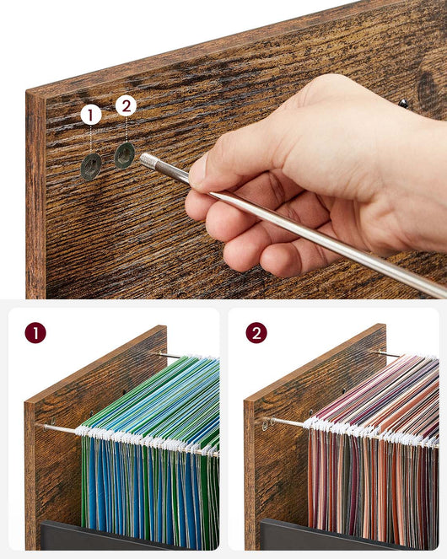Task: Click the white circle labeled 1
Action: click(90, 115)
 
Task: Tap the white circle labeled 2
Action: click(126, 105)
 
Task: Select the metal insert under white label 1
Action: click(91, 166)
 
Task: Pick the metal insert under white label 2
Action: click(125, 155)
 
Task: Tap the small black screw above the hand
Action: click(403, 104)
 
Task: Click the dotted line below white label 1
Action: click(90, 139)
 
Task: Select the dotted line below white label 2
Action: click(126, 129)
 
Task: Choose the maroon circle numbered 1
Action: click(35, 333)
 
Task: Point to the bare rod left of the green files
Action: click(59, 427)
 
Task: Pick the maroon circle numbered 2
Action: click(256, 333)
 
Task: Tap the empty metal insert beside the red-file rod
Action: click(264, 425)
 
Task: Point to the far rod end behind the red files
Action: click(389, 354)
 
